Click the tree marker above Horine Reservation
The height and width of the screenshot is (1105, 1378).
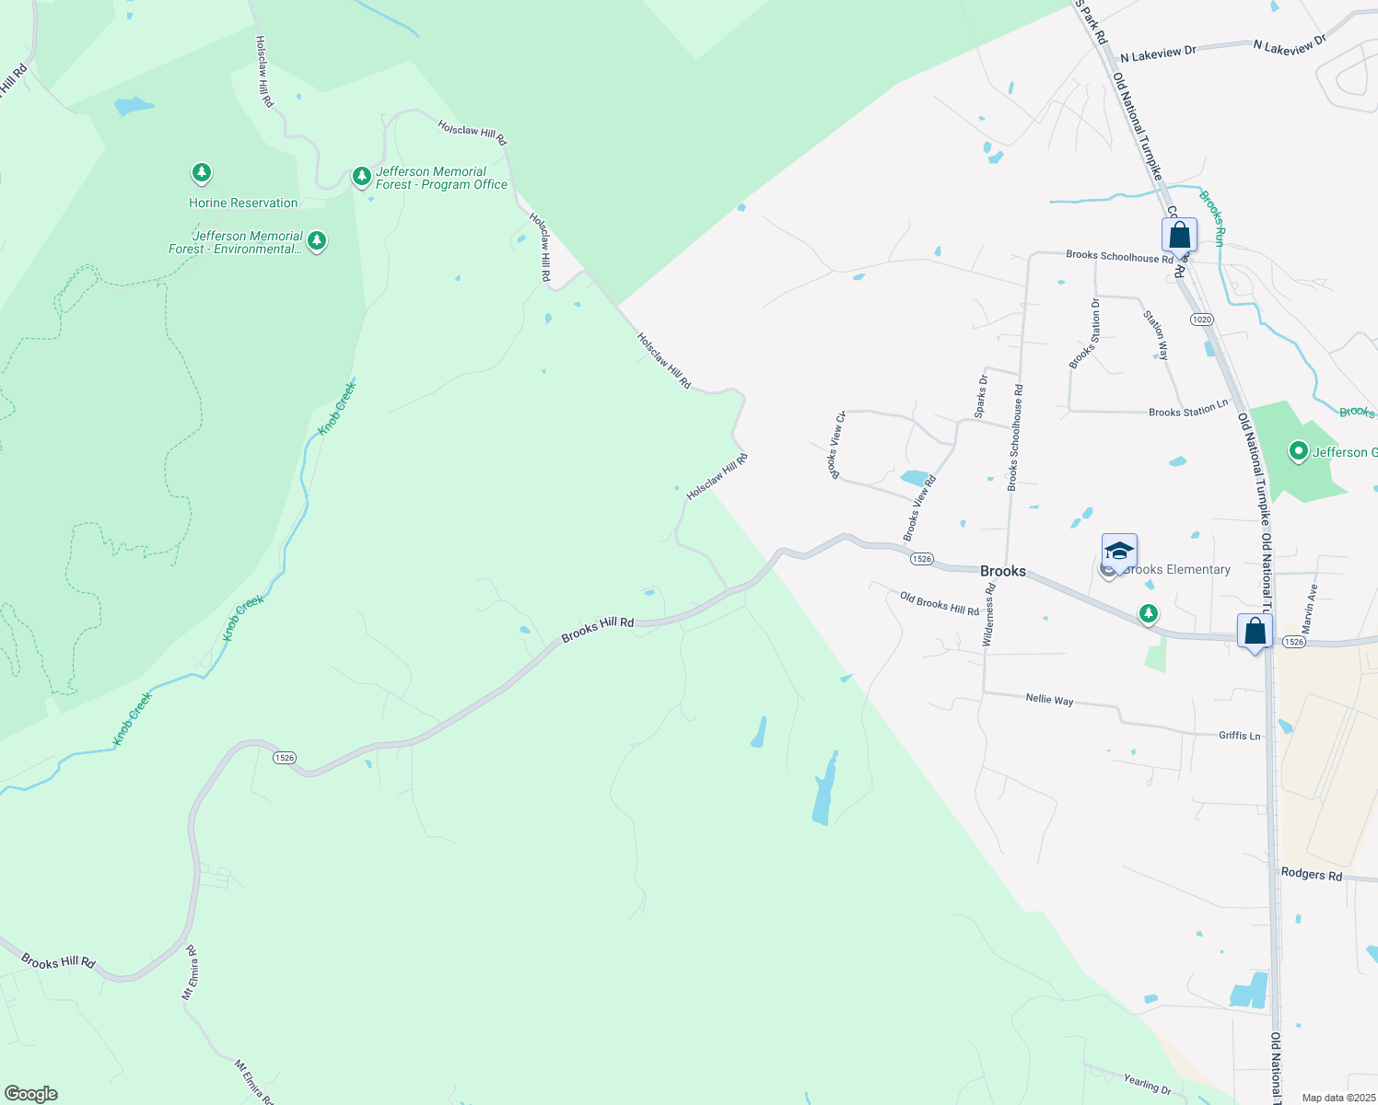pos(202,172)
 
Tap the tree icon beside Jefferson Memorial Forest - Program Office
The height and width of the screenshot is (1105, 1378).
pos(362,175)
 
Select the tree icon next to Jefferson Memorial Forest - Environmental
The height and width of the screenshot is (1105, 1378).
pos(317,241)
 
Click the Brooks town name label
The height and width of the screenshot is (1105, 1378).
pos(1003,571)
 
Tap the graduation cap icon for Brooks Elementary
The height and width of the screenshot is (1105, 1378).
pos(1119,552)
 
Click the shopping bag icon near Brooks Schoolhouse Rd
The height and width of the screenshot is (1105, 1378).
pos(1179,236)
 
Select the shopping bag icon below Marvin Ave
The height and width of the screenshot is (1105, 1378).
pos(1255,632)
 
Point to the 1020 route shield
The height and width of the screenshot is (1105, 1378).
pos(1201,320)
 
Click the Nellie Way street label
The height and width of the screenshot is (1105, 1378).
pos(1049,700)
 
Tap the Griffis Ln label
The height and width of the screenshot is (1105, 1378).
pos(1239,735)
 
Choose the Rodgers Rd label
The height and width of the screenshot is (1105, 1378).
pos(1312,874)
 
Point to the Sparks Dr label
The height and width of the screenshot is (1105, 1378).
pos(982,393)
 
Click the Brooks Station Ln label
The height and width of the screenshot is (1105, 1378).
pos(1188,410)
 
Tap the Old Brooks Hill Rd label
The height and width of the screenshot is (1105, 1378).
pos(940,604)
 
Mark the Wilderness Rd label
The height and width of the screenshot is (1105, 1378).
pos(989,621)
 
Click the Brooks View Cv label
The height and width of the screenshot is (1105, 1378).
pos(837,445)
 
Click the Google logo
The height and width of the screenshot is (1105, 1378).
pos(31,1094)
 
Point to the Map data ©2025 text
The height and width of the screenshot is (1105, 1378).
pos(1337,1098)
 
